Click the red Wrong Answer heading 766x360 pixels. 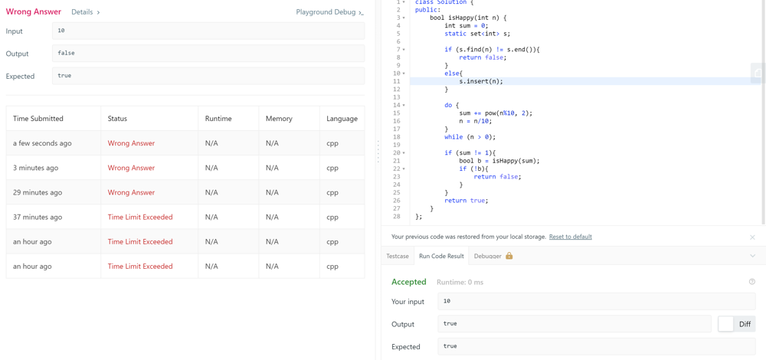34,11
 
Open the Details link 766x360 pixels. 86,11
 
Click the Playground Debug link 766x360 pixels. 329,12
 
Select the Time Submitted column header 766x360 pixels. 38,119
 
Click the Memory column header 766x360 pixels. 279,119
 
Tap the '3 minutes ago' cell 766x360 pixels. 36,168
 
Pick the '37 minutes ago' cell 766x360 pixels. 38,218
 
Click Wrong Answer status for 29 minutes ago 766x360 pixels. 131,192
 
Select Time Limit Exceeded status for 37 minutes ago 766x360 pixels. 140,218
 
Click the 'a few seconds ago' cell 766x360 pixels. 42,143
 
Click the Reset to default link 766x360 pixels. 570,237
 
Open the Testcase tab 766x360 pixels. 397,256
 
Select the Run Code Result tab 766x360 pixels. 441,256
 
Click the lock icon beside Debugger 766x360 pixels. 509,256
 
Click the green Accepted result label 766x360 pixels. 409,282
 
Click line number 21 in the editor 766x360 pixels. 396,161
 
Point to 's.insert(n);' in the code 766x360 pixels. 481,81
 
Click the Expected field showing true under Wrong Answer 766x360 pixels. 208,76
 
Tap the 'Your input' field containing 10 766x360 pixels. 597,301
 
